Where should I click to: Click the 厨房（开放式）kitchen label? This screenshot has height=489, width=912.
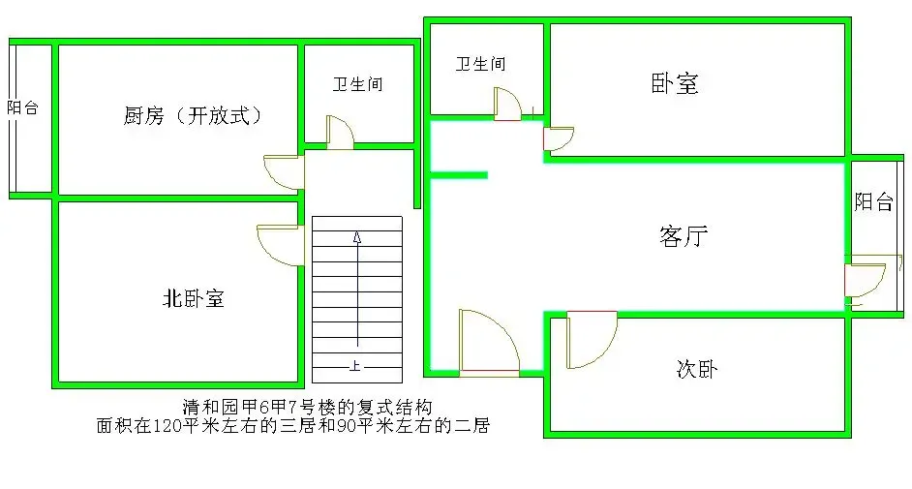(193, 115)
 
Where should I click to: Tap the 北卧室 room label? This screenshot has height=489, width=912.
(193, 298)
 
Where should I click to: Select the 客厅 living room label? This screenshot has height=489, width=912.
(684, 236)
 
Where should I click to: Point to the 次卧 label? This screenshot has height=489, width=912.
(697, 369)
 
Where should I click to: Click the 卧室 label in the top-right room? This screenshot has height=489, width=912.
(674, 83)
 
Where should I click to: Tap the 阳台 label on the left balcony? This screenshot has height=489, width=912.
(22, 107)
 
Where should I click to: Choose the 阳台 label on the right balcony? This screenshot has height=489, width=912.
(873, 201)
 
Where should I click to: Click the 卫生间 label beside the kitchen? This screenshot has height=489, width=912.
(357, 84)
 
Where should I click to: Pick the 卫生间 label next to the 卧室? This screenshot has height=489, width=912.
(480, 63)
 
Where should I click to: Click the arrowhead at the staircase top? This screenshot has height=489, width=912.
(357, 237)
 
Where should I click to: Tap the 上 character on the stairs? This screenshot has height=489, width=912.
(354, 366)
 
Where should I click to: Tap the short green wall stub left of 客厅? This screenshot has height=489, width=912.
(458, 175)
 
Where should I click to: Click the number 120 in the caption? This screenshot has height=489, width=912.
(167, 426)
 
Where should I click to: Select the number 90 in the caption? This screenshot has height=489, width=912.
(347, 426)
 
